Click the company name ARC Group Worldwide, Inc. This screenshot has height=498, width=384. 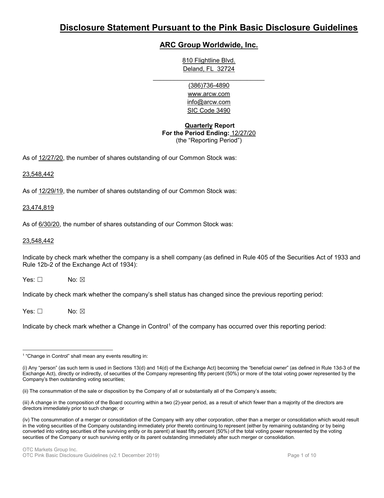point(208,45)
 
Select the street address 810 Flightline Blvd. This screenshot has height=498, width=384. point(208,61)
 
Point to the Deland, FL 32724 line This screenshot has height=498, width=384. point(208,69)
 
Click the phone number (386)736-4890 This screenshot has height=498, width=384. point(208,85)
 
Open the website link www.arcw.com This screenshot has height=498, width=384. point(208,94)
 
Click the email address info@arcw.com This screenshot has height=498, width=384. point(208,102)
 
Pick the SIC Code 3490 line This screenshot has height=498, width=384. point(208,110)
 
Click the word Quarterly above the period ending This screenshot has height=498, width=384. point(198,125)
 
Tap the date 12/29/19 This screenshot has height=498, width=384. point(51,191)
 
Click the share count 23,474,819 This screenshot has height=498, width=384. point(38,208)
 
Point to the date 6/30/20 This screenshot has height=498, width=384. point(49,224)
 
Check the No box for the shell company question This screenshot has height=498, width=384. point(82,280)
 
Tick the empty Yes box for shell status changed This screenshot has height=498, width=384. point(40,311)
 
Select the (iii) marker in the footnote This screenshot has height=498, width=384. point(26,402)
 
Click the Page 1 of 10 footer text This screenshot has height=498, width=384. point(301,455)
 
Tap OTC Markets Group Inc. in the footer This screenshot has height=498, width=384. point(50,450)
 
